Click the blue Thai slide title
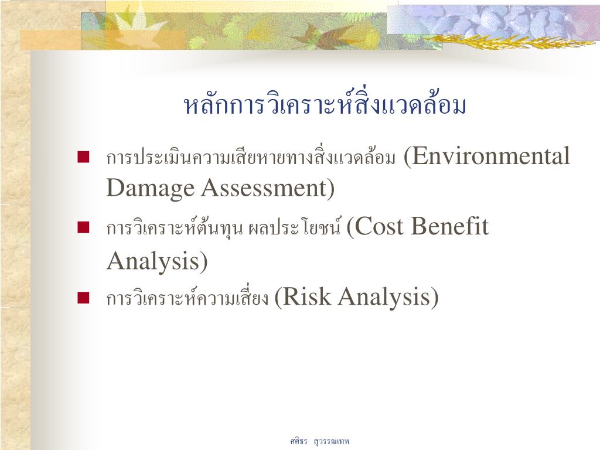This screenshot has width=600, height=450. [325, 105]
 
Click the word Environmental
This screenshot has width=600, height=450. [491, 156]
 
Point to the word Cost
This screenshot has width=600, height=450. [380, 226]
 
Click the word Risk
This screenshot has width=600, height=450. [306, 296]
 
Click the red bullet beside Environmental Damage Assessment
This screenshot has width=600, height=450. [83, 157]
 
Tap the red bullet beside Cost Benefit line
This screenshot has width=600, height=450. [83, 227]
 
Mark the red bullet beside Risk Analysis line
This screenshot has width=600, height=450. [83, 297]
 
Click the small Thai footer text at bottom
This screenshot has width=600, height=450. [320, 441]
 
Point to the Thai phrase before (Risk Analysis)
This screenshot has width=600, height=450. [187, 297]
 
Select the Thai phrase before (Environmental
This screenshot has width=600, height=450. [251, 157]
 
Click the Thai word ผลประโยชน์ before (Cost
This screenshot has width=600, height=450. [294, 227]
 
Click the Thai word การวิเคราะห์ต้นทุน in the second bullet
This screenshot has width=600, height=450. [175, 227]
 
